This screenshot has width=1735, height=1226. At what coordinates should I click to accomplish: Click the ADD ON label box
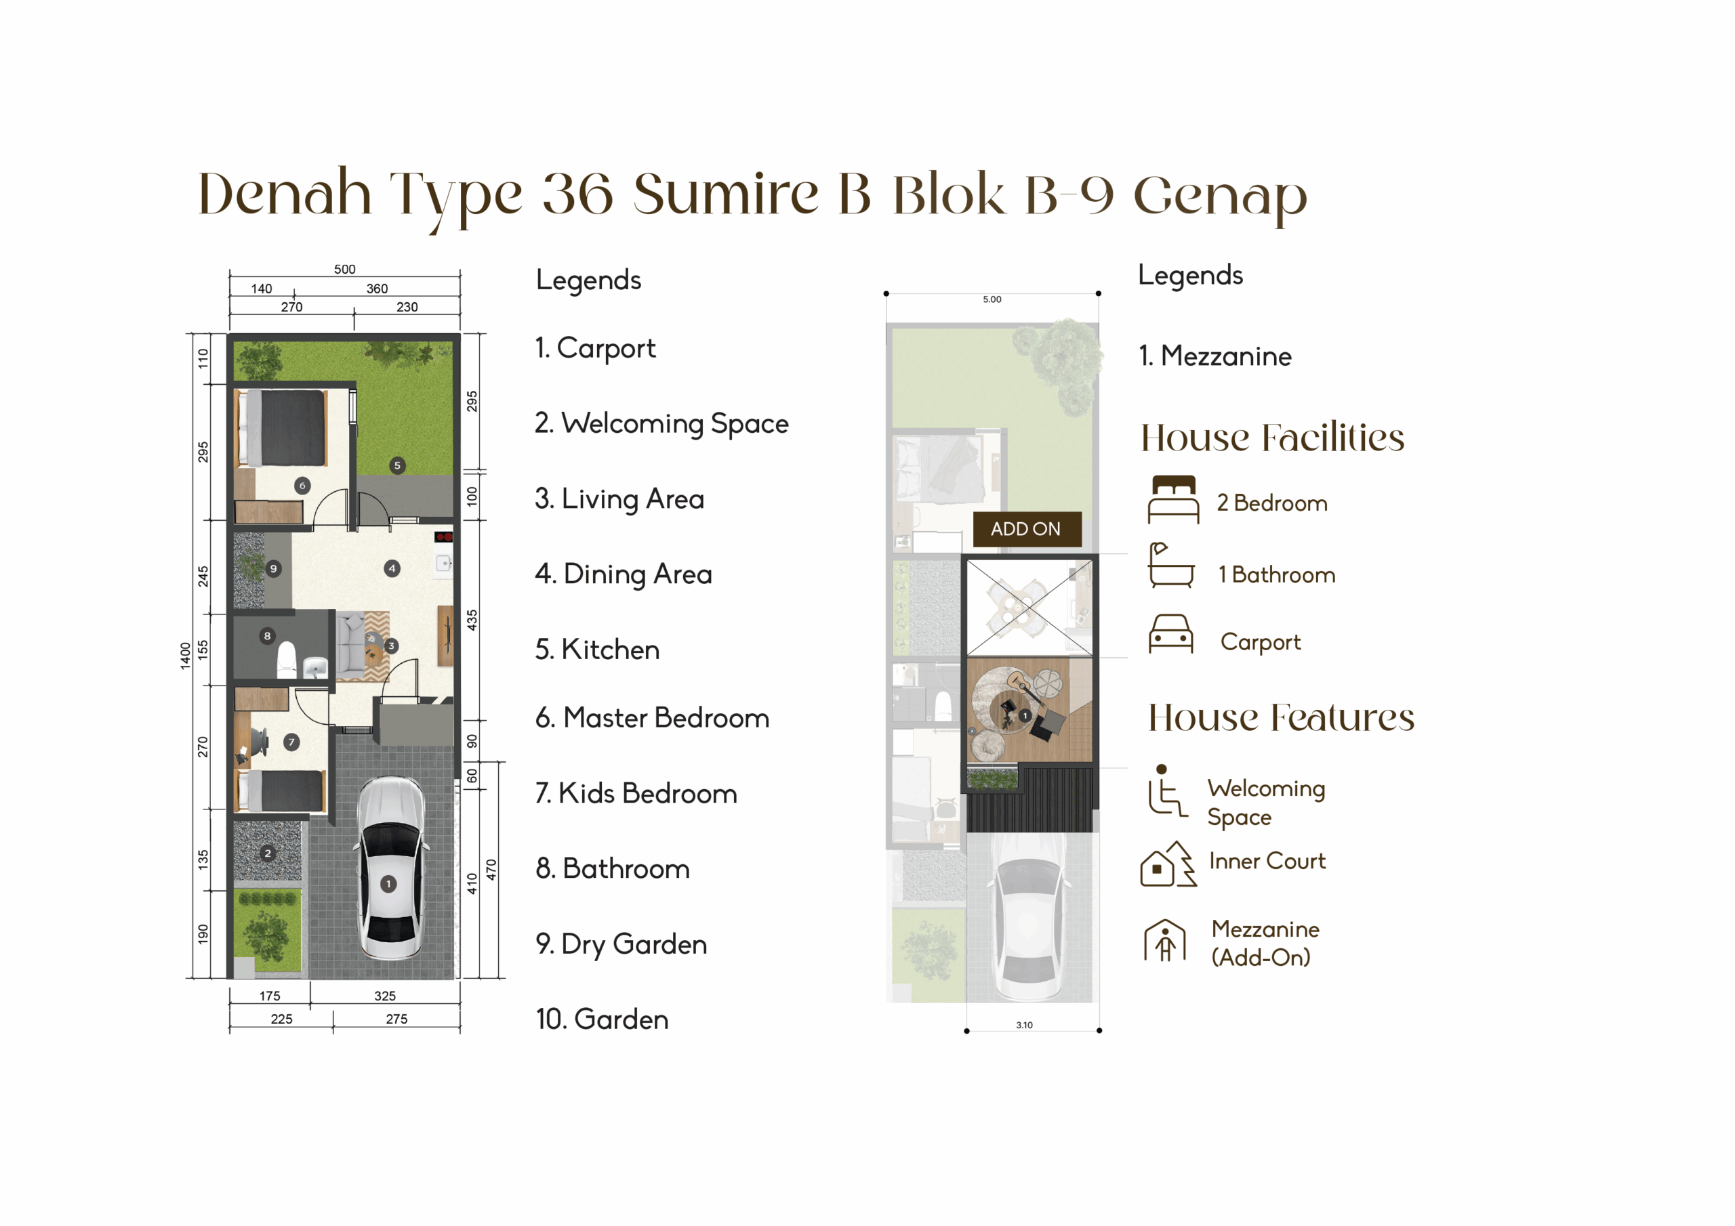(1026, 529)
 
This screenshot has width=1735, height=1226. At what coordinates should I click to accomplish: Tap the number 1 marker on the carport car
(388, 884)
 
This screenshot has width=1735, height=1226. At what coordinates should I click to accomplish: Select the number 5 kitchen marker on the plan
(397, 465)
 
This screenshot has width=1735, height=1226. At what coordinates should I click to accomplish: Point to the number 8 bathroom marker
(267, 636)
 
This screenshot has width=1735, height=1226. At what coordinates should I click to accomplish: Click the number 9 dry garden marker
(274, 569)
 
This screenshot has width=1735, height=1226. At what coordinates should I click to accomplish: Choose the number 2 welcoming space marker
(268, 853)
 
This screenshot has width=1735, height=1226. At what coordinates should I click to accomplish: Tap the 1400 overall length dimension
(185, 656)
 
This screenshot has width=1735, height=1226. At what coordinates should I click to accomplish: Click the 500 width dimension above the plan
(344, 269)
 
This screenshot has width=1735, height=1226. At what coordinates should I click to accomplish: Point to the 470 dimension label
(491, 870)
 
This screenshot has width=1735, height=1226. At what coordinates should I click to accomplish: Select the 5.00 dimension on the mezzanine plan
(992, 299)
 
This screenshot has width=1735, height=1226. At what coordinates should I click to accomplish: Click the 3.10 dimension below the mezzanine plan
(1024, 1025)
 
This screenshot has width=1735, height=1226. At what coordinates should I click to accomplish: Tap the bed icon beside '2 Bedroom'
(1174, 499)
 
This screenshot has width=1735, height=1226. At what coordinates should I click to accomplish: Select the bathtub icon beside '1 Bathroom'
(1170, 565)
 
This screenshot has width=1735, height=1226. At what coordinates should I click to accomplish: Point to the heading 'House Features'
(1282, 717)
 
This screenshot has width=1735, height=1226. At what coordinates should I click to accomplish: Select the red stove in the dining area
(443, 537)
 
